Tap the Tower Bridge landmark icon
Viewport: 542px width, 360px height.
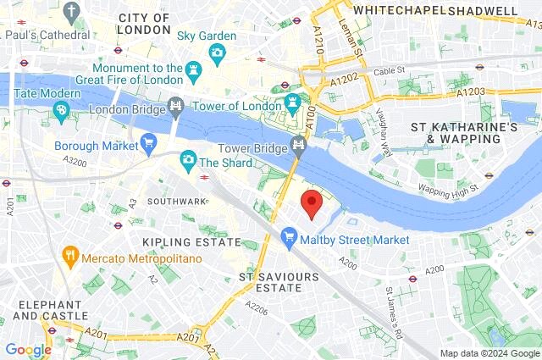pyautogui.click(x=298, y=145)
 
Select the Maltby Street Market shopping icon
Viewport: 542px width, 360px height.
pyautogui.click(x=289, y=240)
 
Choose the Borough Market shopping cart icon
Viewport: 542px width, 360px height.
pyautogui.click(x=149, y=141)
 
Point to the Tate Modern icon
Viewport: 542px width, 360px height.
pyautogui.click(x=61, y=109)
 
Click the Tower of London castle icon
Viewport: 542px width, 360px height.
pyautogui.click(x=293, y=104)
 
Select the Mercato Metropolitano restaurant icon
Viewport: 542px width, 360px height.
pyautogui.click(x=70, y=253)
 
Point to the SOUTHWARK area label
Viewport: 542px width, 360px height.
pyautogui.click(x=176, y=202)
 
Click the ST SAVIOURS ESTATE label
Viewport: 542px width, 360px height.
pyautogui.click(x=270, y=282)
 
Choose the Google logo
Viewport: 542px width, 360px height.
pyautogui.click(x=28, y=349)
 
